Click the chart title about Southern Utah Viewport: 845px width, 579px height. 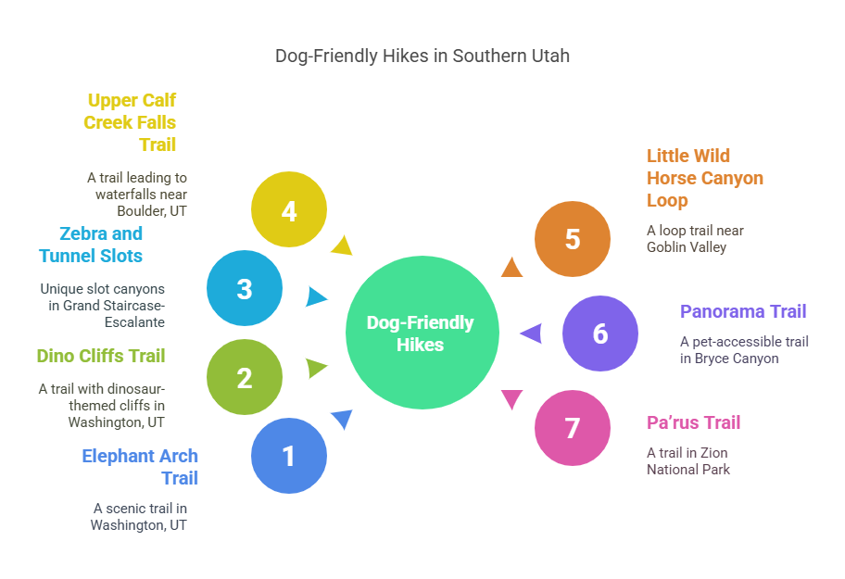pyautogui.click(x=422, y=56)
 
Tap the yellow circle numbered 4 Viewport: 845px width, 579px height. pyautogui.click(x=289, y=210)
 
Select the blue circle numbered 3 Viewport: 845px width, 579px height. pyautogui.click(x=245, y=288)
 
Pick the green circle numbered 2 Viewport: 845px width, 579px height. pyautogui.click(x=245, y=377)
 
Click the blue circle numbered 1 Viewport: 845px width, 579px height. pyautogui.click(x=289, y=455)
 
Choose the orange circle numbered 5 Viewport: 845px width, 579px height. pyautogui.click(x=573, y=238)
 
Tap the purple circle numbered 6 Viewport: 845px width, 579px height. pyautogui.click(x=600, y=334)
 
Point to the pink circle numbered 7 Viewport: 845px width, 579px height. pyautogui.click(x=573, y=427)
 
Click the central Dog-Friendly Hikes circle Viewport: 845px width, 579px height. pyautogui.click(x=422, y=333)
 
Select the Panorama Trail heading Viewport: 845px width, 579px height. pyautogui.click(x=743, y=311)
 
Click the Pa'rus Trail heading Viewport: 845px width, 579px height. pyautogui.click(x=693, y=422)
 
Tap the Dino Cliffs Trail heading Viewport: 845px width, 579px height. pyautogui.click(x=100, y=356)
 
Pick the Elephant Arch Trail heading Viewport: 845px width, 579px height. pyautogui.click(x=140, y=467)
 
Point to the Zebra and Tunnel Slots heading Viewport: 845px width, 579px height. pyautogui.click(x=91, y=245)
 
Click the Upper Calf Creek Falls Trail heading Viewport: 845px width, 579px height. pyautogui.click(x=131, y=122)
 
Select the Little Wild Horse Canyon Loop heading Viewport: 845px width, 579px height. pyautogui.click(x=704, y=178)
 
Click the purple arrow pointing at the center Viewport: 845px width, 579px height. pyautogui.click(x=531, y=333)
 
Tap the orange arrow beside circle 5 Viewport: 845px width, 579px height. pyautogui.click(x=511, y=268)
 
